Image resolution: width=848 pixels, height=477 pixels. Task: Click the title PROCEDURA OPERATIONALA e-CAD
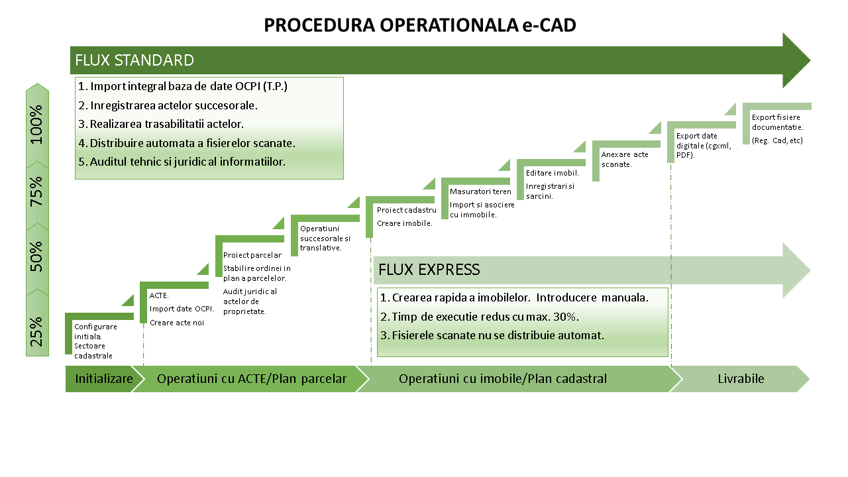coord(420,25)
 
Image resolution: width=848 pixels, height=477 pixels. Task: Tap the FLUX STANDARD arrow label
coord(134,60)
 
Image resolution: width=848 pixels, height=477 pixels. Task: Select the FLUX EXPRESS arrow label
coord(429,270)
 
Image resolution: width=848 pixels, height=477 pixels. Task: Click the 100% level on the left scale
coord(37,124)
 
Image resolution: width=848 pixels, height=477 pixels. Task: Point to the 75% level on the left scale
coord(37,192)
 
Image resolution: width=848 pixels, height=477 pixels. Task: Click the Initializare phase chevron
coord(103,379)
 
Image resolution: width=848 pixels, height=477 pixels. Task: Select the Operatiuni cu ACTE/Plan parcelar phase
coord(251,379)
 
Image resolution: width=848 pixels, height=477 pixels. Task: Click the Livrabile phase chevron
coord(741,379)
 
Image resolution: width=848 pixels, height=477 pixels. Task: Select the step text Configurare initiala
coord(95,331)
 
